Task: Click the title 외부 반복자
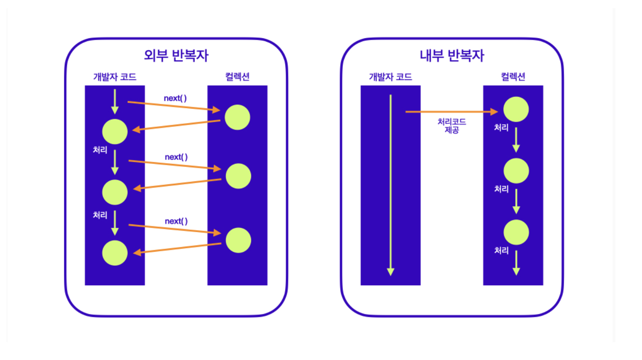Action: [176, 56]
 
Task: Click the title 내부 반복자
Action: [452, 56]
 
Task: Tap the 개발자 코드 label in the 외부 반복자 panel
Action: [115, 77]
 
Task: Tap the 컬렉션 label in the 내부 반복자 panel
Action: [513, 77]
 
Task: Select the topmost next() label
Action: [175, 98]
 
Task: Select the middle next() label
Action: [176, 157]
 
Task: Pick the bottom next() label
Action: [176, 221]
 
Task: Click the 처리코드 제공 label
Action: [451, 126]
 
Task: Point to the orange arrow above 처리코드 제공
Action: [451, 112]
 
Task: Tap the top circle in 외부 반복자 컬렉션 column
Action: [237, 117]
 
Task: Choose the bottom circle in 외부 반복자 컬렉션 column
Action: [238, 240]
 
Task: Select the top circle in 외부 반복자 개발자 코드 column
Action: [115, 131]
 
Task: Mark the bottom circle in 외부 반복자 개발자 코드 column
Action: [115, 253]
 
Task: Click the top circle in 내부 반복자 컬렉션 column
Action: [516, 109]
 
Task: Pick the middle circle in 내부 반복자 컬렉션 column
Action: [516, 171]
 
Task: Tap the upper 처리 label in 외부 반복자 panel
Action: [100, 150]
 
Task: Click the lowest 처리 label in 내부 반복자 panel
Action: [502, 250]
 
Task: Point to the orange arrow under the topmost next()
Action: [174, 106]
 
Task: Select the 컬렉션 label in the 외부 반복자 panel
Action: [237, 77]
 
